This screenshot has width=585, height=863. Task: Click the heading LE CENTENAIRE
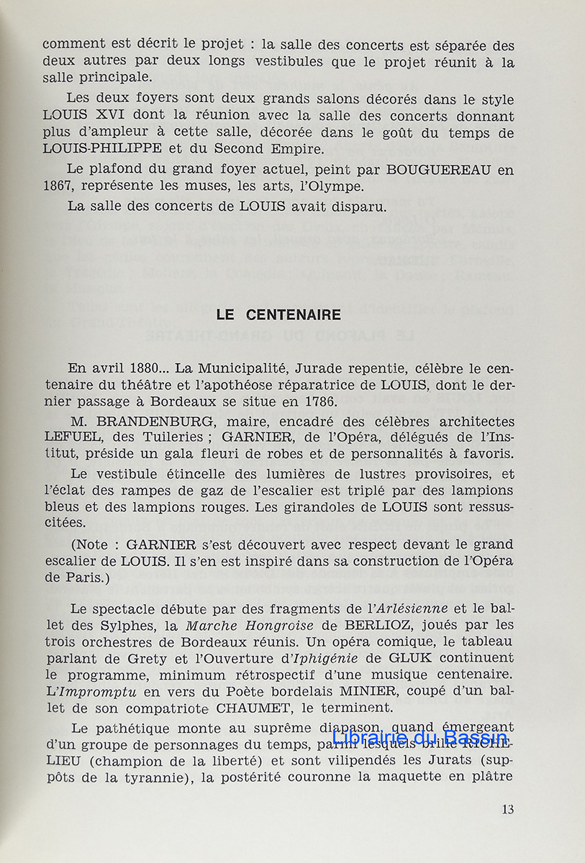tap(279, 316)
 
